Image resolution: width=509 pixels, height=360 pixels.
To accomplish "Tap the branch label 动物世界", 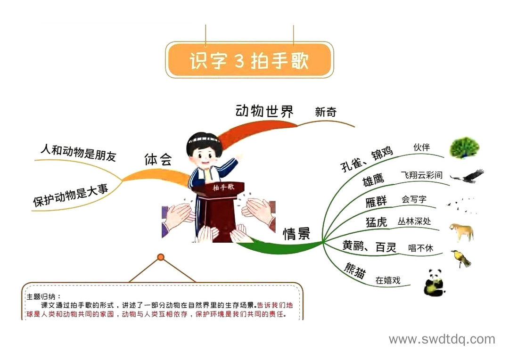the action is tap(264, 111).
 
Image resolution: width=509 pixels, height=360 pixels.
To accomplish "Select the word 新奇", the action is tap(326, 112).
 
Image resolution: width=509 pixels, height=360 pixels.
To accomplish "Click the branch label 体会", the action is tap(158, 159).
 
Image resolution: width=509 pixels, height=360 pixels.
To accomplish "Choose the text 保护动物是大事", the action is tap(70, 195).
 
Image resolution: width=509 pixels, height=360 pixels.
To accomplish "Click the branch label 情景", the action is tap(296, 233).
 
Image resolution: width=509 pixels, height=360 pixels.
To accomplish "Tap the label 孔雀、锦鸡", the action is tap(367, 159).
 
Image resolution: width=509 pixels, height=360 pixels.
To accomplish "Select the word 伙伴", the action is tap(421, 147).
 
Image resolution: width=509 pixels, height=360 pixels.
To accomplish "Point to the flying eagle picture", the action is tap(468, 176).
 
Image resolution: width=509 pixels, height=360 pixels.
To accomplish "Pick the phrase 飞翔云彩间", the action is tap(421, 175).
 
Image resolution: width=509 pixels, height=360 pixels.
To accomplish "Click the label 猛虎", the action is tap(376, 222).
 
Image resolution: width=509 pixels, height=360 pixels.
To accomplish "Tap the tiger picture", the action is tap(461, 232).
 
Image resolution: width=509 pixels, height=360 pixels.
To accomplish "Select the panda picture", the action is tap(435, 282).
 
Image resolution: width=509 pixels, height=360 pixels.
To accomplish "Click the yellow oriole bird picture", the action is tap(461, 259).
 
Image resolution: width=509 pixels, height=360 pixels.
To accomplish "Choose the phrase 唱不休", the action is tap(421, 248).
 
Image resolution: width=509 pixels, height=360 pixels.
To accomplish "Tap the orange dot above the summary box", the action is tap(161, 257).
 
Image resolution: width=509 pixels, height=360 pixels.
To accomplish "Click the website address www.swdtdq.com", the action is tap(442, 339).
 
